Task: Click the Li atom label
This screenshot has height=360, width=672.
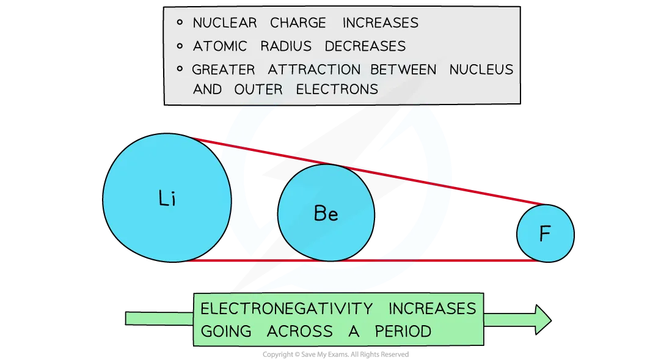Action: (167, 199)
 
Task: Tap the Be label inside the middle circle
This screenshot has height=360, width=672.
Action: (326, 213)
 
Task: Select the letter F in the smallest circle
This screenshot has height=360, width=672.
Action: (545, 235)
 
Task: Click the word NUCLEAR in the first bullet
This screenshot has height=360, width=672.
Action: (223, 23)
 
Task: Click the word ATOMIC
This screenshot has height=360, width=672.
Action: (221, 46)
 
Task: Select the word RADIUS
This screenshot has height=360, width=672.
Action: (283, 46)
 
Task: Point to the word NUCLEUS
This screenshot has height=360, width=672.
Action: (481, 70)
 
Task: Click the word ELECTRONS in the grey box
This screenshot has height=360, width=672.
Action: (337, 89)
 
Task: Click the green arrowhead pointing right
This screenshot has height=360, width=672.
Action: (542, 318)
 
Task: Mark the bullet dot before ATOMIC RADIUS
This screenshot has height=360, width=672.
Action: (180, 46)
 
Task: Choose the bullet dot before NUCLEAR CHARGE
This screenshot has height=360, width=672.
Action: (180, 23)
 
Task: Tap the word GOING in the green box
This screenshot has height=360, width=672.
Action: (226, 331)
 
